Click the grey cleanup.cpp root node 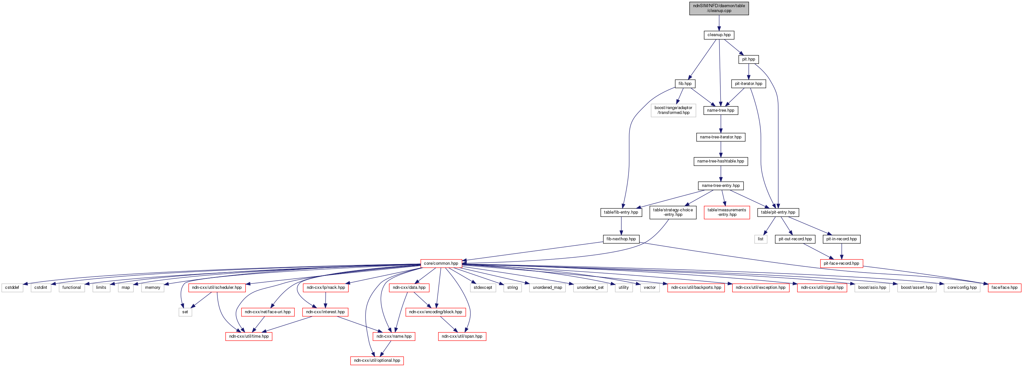719,8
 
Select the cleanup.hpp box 719,35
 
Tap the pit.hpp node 749,59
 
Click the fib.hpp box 685,84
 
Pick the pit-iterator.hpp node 749,84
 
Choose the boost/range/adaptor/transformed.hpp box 673,110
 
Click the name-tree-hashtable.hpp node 720,161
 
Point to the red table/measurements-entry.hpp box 727,212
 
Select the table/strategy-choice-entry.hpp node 673,212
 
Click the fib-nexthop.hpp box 621,239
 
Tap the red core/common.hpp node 441,263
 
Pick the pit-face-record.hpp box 841,263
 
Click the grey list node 761,239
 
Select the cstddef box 12,288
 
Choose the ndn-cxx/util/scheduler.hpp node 217,288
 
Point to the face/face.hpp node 1004,288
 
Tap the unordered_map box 547,288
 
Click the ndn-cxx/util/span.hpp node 462,336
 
